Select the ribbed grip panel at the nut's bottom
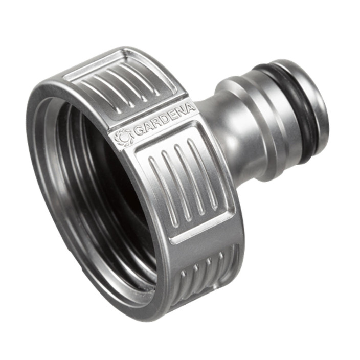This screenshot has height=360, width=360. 205,276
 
